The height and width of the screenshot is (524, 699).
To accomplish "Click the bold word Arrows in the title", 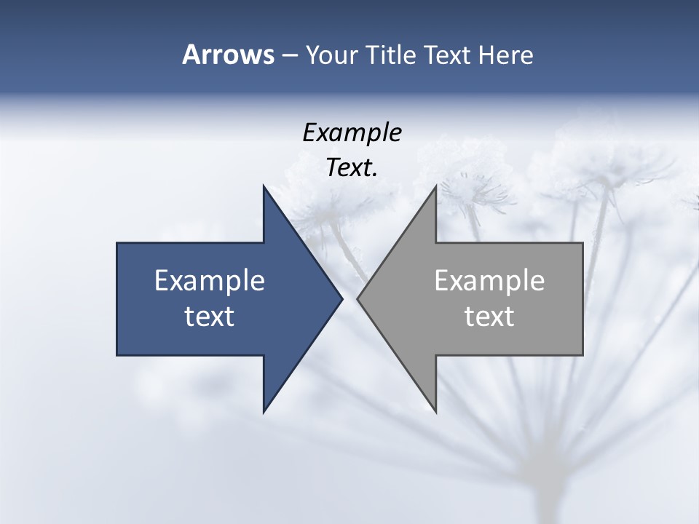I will (228, 55).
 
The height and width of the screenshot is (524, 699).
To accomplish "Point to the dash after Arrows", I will (289, 55).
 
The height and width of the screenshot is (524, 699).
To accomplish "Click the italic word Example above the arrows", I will (352, 132).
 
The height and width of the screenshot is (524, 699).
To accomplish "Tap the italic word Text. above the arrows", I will (352, 167).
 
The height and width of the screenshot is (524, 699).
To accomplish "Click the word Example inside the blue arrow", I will (210, 280).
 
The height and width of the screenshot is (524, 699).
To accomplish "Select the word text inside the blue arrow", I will (210, 316).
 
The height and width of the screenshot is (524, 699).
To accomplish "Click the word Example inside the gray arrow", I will (489, 280).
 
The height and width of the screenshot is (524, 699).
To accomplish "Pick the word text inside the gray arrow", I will (489, 316).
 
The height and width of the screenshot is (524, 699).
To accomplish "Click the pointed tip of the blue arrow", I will (342, 298).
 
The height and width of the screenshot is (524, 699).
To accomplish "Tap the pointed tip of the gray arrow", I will (358, 298).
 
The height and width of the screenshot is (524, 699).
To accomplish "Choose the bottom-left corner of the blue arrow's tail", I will (117, 355).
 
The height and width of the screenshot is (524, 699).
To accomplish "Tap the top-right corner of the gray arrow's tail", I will (582, 243).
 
